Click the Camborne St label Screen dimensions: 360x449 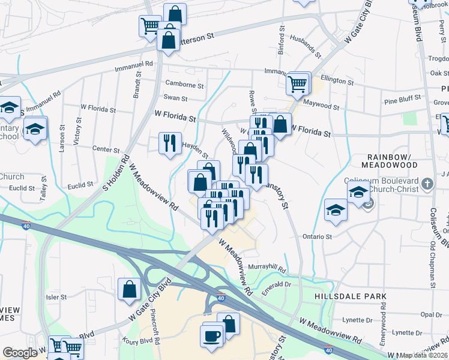click(184, 86)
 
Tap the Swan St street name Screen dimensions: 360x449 click(175, 98)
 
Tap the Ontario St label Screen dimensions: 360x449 click(317, 236)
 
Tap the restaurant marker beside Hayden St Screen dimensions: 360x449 click(169, 143)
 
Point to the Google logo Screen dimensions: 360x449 click(20, 353)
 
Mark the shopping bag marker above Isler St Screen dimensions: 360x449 click(129, 290)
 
